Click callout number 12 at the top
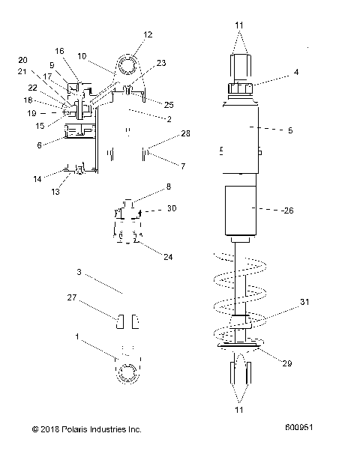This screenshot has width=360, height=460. (x=147, y=34)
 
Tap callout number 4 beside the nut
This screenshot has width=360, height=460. (x=296, y=73)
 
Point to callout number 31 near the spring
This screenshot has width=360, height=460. (x=304, y=302)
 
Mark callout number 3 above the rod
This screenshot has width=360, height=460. (x=78, y=272)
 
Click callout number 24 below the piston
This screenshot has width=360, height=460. (x=168, y=256)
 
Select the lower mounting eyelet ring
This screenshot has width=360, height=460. (x=125, y=372)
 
